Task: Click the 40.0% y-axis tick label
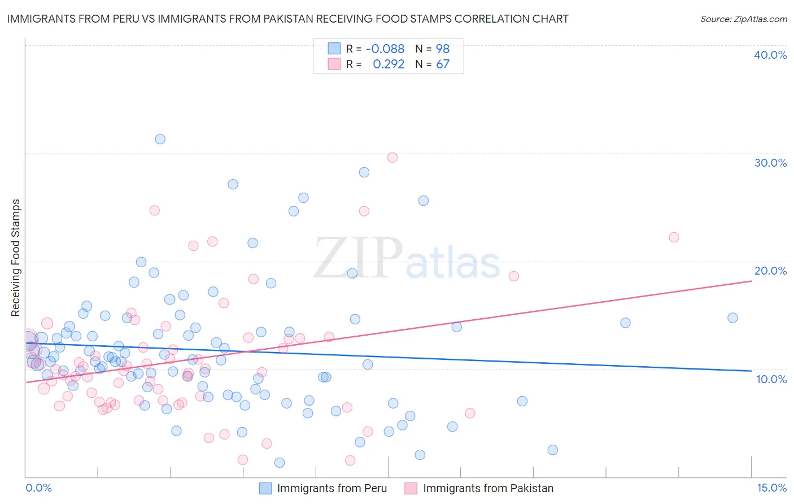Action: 770,55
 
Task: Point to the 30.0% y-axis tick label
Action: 770,163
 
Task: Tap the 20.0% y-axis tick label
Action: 770,271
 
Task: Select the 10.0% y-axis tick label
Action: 771,379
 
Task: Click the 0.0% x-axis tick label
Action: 38,488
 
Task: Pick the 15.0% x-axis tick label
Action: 771,488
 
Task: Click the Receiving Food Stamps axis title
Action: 16,258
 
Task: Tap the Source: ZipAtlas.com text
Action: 743,19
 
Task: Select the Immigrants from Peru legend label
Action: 332,488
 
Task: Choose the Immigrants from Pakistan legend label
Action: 488,488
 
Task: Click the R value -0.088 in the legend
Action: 385,49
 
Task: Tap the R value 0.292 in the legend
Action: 389,64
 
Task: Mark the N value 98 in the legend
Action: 443,49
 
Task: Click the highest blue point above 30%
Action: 160,139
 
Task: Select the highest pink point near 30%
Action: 392,158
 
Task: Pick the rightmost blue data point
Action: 732,318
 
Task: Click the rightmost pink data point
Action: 674,237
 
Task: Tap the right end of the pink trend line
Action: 751,281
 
